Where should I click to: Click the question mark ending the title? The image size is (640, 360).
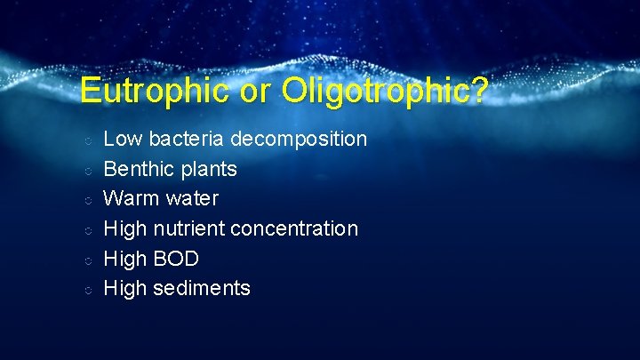(478, 91)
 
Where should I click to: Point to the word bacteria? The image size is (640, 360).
(187, 139)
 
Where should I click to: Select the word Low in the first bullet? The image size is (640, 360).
(124, 139)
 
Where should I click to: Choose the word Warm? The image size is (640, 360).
(131, 198)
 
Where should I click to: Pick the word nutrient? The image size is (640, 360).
(189, 228)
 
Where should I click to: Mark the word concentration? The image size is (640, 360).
(294, 228)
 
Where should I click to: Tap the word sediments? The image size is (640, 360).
(202, 288)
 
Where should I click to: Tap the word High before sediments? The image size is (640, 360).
(125, 289)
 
